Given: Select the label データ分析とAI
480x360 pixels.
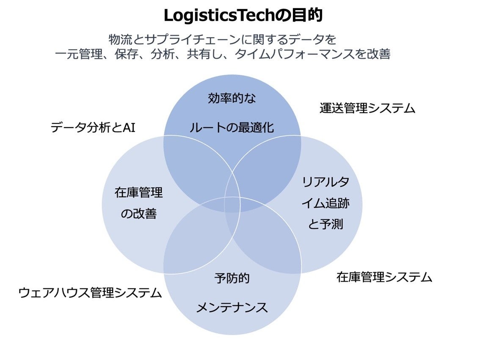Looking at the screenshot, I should pos(93,127).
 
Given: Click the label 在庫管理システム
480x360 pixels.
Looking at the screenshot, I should pos(384,278).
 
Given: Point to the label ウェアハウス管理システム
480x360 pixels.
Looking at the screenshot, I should pos(90,293).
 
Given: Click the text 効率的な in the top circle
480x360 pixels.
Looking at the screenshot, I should pos(232,99).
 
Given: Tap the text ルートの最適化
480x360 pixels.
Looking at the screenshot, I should pos(232,127).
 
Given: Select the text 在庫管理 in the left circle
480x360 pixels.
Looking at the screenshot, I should pos(139,193).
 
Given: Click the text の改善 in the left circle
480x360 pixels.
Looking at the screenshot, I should pos(139,214).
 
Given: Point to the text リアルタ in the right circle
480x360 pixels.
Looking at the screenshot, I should pos(326,182).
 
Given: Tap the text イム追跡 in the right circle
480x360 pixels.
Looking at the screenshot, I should pos(326,203).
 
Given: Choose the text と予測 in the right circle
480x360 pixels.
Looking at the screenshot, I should pos(326,224).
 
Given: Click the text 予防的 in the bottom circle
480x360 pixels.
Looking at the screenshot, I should pos(232,278).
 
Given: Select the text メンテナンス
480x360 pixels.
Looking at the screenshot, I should pos(232,307).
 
